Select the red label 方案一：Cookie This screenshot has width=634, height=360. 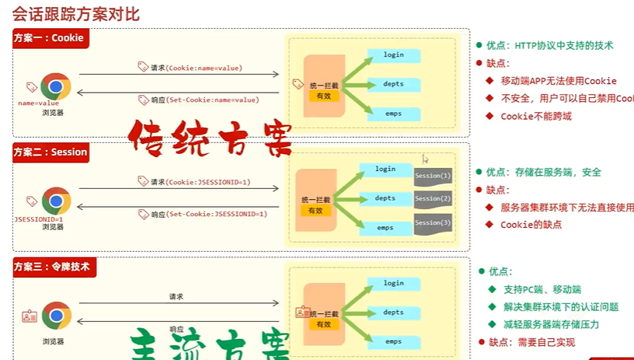click(49, 38)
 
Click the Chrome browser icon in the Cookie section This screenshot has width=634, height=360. click(55, 86)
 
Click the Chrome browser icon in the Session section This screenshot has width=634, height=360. click(55, 201)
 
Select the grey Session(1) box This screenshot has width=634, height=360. click(433, 176)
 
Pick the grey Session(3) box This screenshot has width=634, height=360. click(433, 224)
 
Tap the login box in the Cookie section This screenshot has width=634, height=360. click(394, 55)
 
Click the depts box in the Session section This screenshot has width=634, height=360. click(385, 198)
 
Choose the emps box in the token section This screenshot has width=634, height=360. click(394, 341)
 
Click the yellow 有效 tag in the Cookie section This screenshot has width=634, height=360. click(320, 96)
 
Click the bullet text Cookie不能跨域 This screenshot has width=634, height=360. click(536, 116)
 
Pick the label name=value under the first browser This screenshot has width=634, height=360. click(38, 103)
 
